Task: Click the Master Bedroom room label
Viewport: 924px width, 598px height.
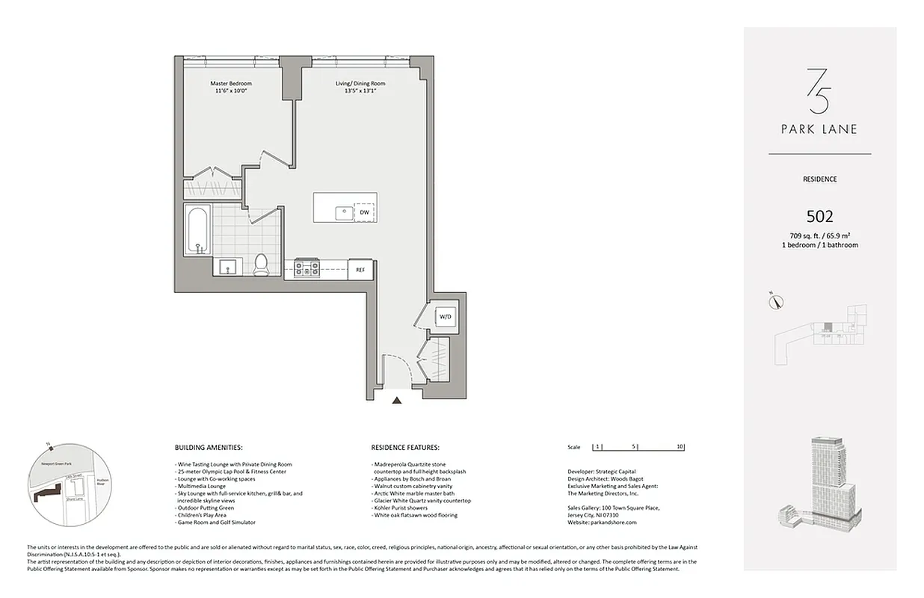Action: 230,83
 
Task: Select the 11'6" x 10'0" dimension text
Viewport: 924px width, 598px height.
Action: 230,90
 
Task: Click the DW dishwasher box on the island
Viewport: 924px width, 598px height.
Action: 365,212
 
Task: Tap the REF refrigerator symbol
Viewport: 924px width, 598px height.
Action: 360,269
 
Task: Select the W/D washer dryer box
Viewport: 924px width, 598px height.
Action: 446,317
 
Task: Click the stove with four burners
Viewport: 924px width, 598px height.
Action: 307,266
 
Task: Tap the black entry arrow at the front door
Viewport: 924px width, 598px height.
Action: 398,401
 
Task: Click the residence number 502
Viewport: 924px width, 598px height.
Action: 819,217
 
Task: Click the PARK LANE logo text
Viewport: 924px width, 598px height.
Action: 819,129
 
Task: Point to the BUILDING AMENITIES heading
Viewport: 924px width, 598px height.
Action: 208,447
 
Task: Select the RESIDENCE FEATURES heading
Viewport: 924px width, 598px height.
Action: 405,447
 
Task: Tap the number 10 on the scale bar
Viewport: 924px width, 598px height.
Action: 679,447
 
